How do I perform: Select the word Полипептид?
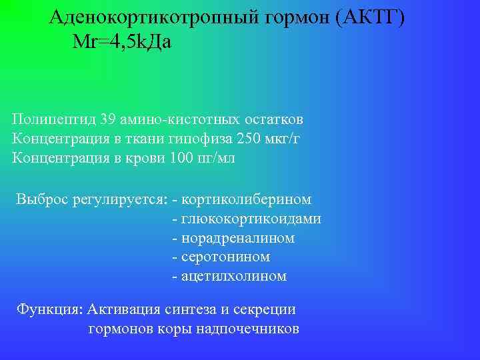53,121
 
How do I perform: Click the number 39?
108,121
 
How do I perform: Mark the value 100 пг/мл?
203,158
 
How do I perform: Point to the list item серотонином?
225,257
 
